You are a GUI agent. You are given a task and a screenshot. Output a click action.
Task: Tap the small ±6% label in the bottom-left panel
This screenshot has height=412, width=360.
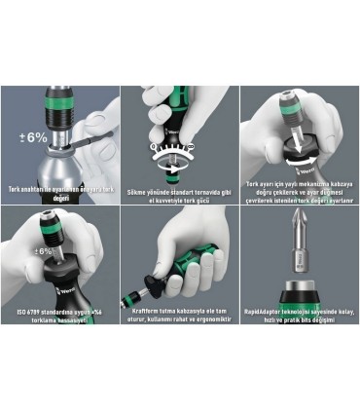pos(42,251)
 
